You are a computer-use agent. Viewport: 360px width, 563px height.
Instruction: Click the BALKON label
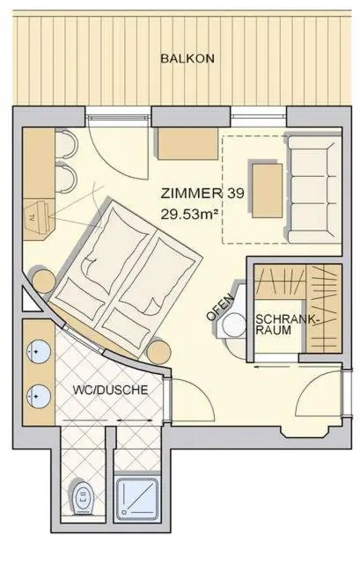coord(187,59)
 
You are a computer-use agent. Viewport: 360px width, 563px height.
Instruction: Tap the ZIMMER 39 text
coord(202,194)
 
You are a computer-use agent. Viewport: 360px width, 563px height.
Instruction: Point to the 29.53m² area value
coord(190,215)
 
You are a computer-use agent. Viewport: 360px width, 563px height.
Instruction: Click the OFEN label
coord(219,307)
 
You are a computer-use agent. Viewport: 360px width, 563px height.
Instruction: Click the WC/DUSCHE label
coord(110,390)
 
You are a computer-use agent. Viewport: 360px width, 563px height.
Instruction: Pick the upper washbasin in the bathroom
coord(39,352)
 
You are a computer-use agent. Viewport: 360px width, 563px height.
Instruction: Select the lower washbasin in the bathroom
coord(39,397)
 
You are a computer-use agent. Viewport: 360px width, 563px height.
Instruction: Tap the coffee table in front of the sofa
coord(267,190)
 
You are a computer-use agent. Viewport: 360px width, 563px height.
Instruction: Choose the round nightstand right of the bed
coord(158,352)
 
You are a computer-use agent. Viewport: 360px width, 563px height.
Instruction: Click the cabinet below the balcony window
coord(187,143)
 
